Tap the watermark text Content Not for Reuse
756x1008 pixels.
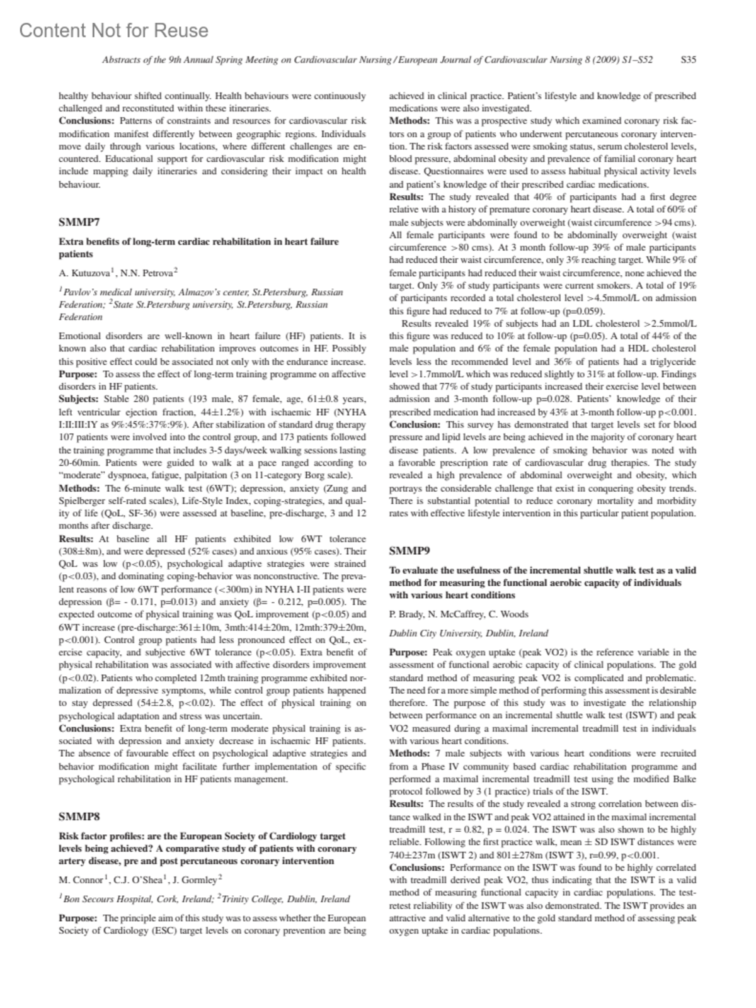(x=113, y=30)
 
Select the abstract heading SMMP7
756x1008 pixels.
(x=79, y=222)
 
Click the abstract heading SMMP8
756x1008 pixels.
(x=79, y=817)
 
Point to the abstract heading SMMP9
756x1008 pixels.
(x=409, y=551)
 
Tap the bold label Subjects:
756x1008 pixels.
(x=79, y=399)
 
